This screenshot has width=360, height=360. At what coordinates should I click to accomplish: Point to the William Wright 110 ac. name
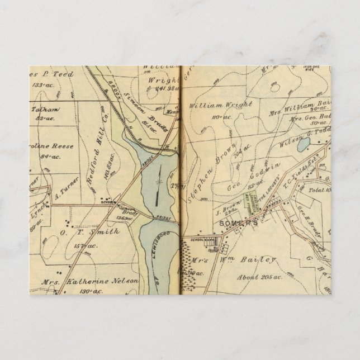click(x=221, y=105)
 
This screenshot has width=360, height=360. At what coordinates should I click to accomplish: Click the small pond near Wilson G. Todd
click(x=302, y=145)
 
